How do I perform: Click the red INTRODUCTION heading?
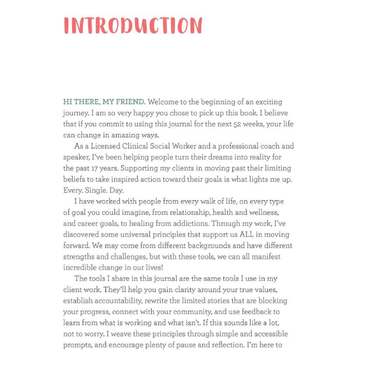(133, 26)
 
